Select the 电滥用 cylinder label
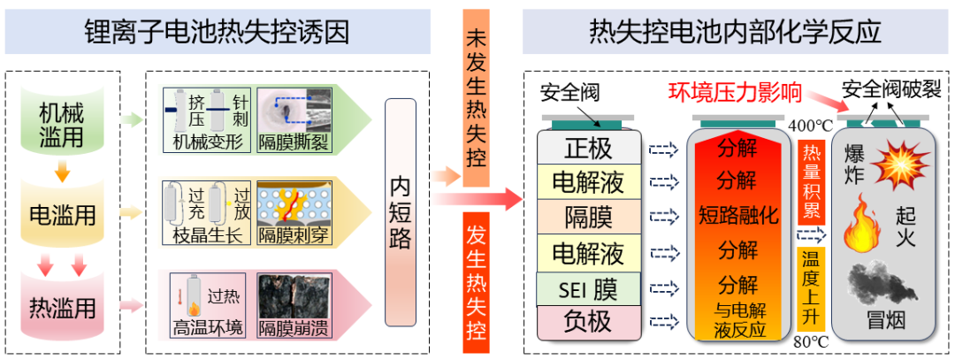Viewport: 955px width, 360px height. (61, 215)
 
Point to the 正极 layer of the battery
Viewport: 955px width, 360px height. (588, 148)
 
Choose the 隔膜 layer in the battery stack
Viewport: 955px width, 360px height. (588, 216)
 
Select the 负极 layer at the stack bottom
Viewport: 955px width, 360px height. (588, 320)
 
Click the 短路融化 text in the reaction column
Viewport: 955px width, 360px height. (738, 214)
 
